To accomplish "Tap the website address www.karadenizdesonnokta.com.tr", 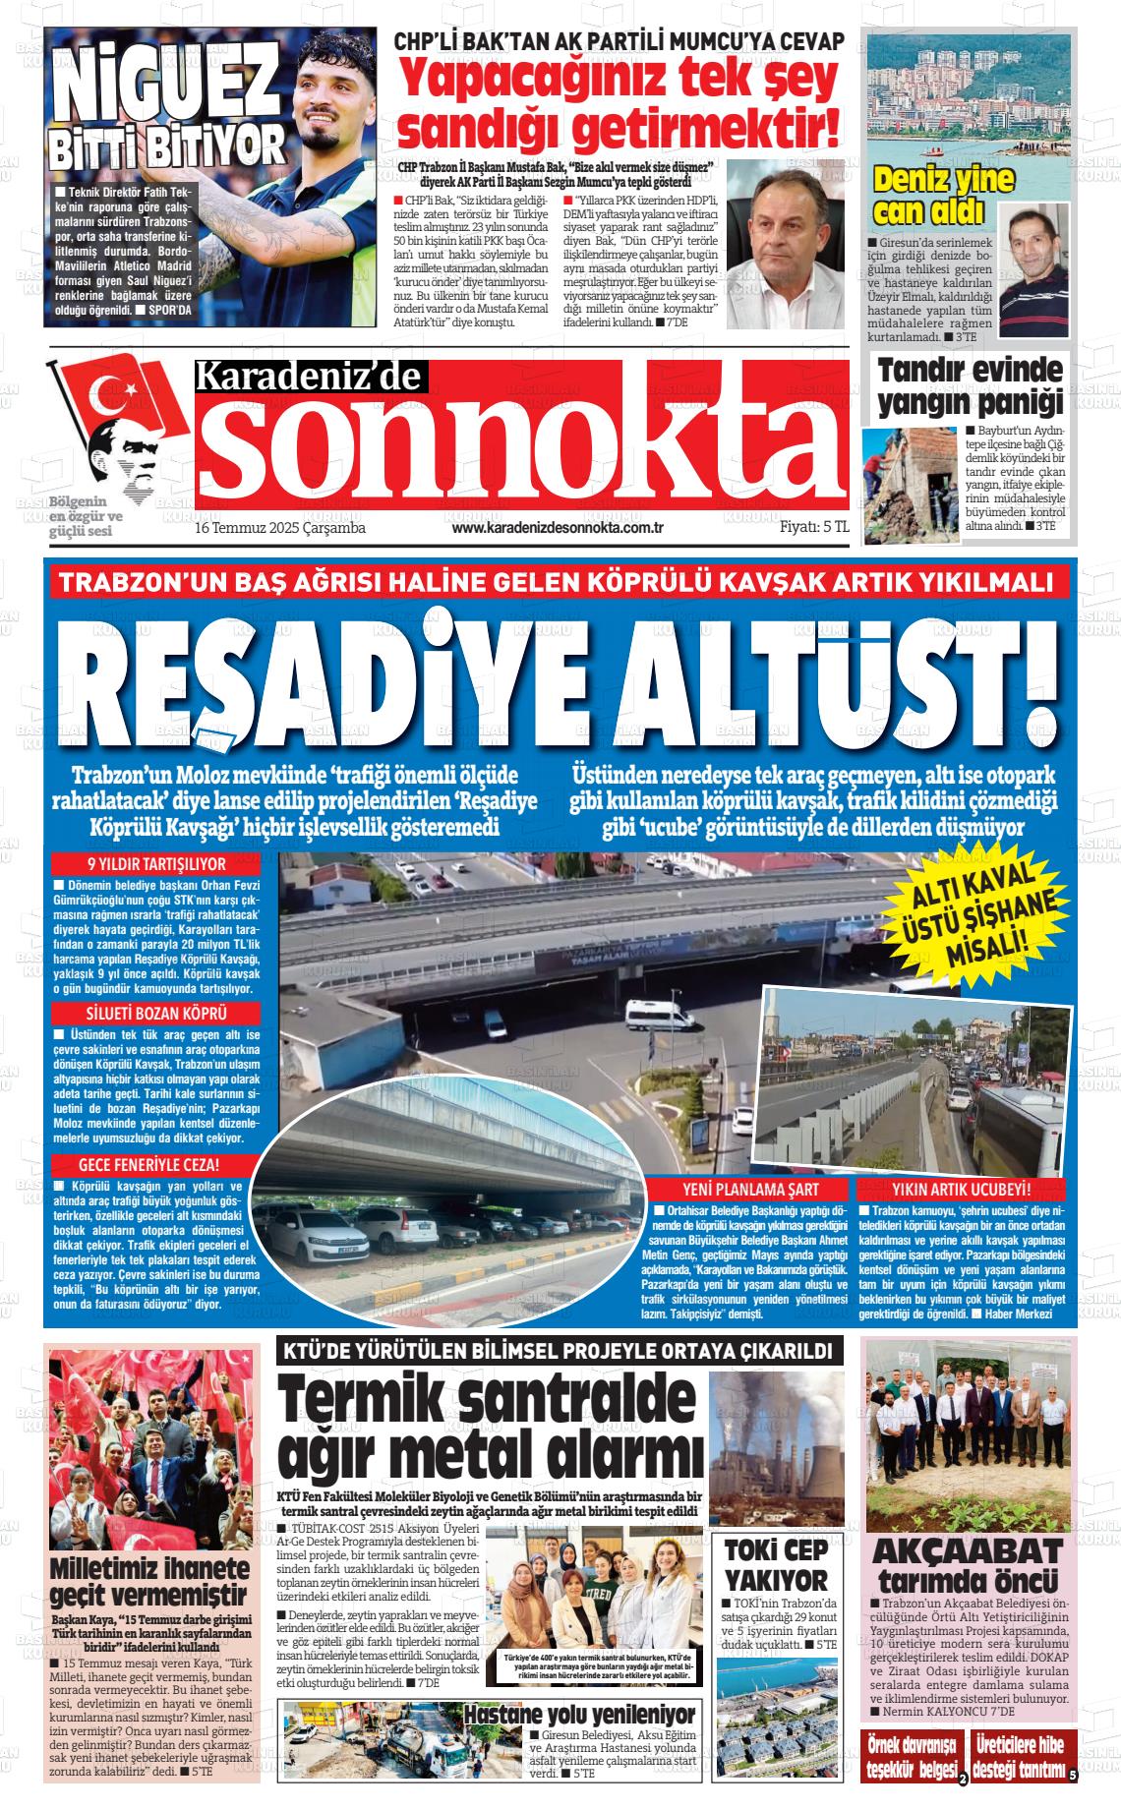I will click(558, 529).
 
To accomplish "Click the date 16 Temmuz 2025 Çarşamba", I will click(280, 529).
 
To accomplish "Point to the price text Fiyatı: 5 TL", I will click(814, 528).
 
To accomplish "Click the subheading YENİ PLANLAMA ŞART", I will click(750, 1189).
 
